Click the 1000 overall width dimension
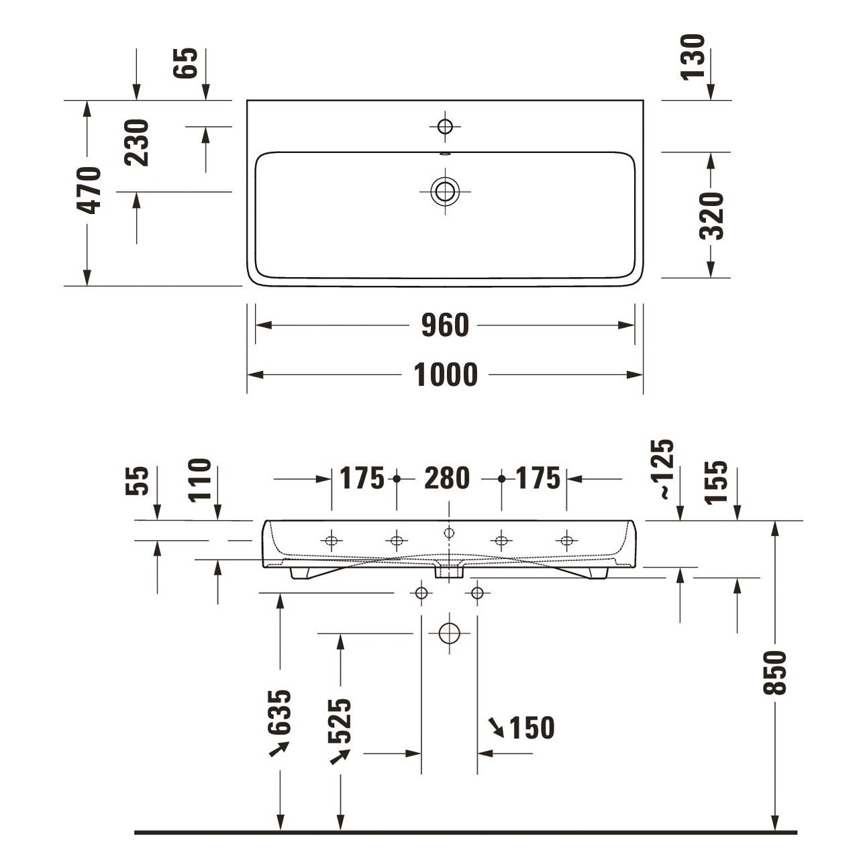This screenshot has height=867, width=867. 445,375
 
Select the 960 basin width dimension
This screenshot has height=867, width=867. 445,325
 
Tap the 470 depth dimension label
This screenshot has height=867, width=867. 89,191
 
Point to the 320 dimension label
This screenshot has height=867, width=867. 711,215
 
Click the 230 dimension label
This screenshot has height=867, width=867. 136,143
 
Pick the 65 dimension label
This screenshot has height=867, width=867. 185,63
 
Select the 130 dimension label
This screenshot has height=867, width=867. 693,57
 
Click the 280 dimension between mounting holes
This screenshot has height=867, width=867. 447,478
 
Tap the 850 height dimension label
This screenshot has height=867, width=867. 775,672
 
